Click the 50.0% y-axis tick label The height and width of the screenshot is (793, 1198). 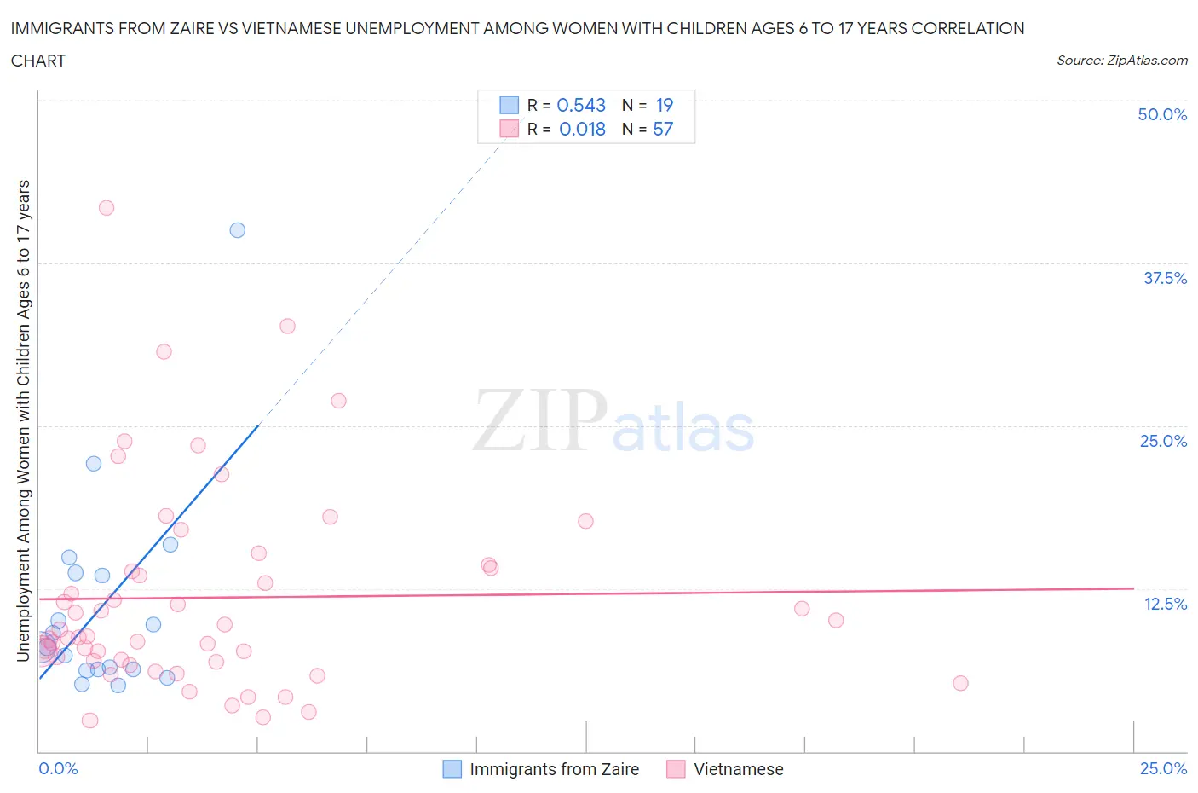(1162, 114)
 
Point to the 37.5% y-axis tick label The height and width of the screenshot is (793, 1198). (1165, 278)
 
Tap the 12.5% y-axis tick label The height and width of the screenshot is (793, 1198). (1165, 604)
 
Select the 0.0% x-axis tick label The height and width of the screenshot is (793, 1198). (59, 768)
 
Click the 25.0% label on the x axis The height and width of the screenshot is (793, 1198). (1163, 768)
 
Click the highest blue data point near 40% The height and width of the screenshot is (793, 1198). (238, 230)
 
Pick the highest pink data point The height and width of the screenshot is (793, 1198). (107, 208)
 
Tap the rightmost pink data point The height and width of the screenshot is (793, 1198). (960, 683)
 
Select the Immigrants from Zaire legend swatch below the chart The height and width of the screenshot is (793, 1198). (452, 769)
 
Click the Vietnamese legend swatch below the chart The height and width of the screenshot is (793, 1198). (677, 769)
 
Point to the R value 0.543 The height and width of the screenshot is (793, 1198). (581, 105)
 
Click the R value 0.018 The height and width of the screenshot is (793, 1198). (582, 129)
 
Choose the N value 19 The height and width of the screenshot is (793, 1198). (665, 105)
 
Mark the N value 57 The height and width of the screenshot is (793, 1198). (663, 129)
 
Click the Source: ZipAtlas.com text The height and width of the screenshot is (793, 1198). (1121, 61)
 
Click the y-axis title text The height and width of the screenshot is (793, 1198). (23, 420)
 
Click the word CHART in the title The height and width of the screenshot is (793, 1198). (38, 61)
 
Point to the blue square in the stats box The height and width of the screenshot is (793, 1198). (509, 105)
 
